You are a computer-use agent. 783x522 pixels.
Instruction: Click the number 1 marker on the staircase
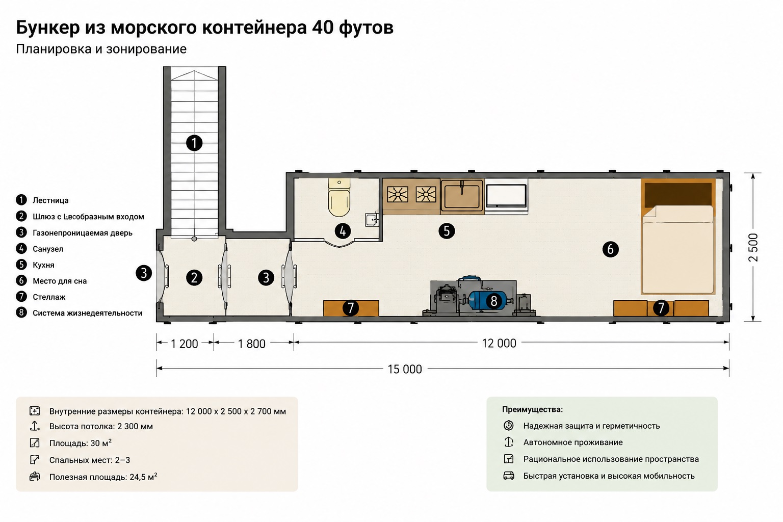pyautogui.click(x=194, y=143)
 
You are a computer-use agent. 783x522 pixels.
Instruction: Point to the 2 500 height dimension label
pyautogui.click(x=753, y=248)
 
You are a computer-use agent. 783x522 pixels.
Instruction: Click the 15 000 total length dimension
pyautogui.click(x=405, y=369)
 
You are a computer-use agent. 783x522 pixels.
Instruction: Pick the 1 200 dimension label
pyautogui.click(x=184, y=344)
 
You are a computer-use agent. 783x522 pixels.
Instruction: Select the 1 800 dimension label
pyautogui.click(x=252, y=344)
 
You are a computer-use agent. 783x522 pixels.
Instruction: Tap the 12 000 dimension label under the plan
pyautogui.click(x=499, y=344)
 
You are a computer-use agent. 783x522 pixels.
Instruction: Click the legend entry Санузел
pyautogui.click(x=48, y=249)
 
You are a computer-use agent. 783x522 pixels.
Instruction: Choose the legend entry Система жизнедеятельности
pyautogui.click(x=87, y=313)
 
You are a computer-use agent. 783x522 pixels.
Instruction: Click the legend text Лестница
pyautogui.click(x=50, y=200)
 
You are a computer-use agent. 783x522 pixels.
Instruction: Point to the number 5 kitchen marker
pyautogui.click(x=447, y=231)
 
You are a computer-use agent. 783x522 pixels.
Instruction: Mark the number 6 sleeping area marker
pyautogui.click(x=610, y=249)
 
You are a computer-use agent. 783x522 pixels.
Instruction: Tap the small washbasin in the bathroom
pyautogui.click(x=372, y=220)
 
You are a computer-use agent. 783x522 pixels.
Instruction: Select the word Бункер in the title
pyautogui.click(x=48, y=28)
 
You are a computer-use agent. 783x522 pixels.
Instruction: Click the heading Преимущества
pyautogui.click(x=532, y=409)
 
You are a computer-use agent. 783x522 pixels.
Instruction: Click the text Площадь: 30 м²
pyautogui.click(x=81, y=443)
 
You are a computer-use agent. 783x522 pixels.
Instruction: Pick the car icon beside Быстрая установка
pyautogui.click(x=509, y=476)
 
